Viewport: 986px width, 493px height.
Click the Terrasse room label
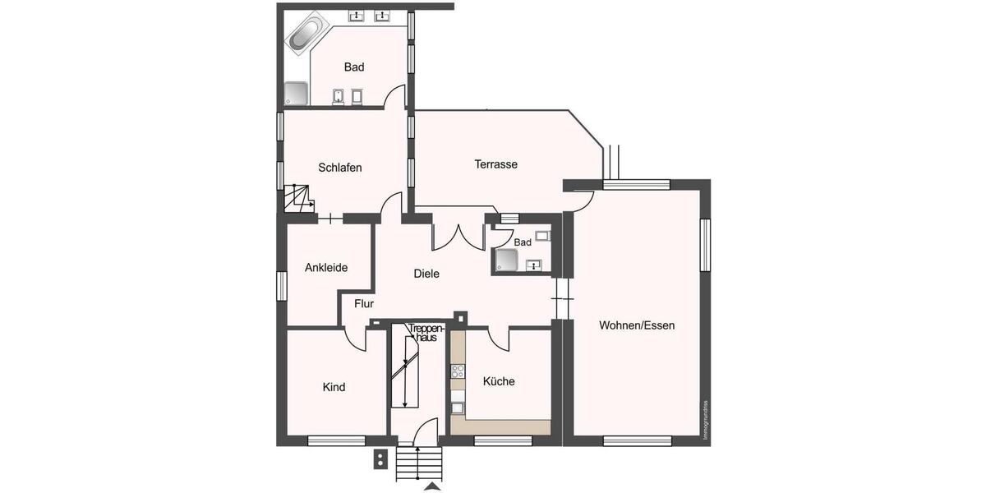tap(495, 164)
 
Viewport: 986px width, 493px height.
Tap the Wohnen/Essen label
tap(637, 325)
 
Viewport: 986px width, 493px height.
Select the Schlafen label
tap(340, 168)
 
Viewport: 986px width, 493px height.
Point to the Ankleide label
tap(326, 268)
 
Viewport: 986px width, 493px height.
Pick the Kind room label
tap(334, 387)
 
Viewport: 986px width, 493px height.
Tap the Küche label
tap(499, 381)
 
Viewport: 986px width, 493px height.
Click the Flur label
tap(364, 303)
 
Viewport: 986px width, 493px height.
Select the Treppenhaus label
tap(426, 333)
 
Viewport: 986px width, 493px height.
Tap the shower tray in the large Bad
tap(297, 94)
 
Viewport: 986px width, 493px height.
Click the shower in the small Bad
tap(506, 260)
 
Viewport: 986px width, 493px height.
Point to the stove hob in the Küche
tap(457, 371)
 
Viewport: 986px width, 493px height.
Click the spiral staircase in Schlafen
tap(297, 199)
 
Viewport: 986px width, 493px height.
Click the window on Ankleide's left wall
tap(281, 286)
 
